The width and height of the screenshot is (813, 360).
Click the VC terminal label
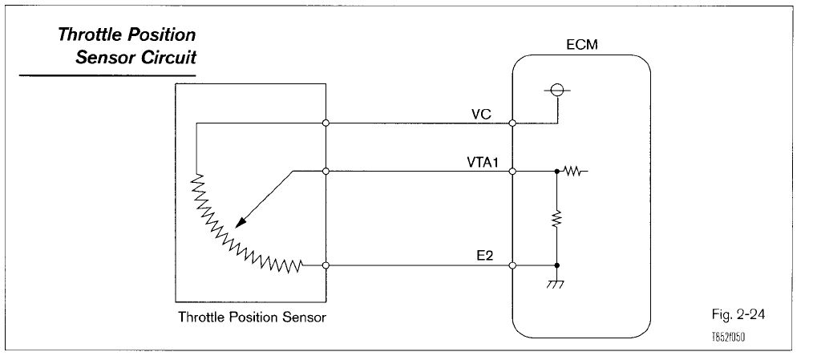click(481, 114)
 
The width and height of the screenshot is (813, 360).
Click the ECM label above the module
click(580, 47)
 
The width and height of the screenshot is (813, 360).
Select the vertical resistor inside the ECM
click(556, 218)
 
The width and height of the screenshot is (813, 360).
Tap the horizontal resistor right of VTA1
click(574, 171)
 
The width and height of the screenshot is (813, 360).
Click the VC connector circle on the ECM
click(512, 123)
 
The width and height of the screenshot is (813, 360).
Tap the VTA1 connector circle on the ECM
click(512, 171)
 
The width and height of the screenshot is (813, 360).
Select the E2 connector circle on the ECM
click(512, 265)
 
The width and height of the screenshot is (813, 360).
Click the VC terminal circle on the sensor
click(326, 123)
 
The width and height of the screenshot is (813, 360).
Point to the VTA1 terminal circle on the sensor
click(326, 171)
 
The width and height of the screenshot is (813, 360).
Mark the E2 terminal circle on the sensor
click(326, 265)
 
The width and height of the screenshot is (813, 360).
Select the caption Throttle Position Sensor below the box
click(252, 318)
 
